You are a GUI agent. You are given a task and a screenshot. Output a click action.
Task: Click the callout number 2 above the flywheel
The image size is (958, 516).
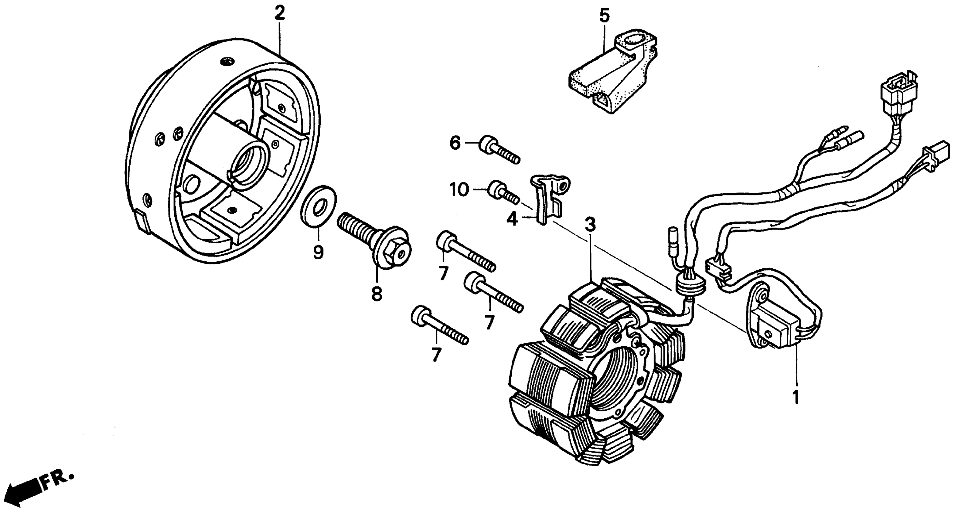click(x=280, y=13)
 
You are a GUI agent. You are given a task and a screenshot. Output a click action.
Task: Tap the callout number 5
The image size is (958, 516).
click(x=604, y=16)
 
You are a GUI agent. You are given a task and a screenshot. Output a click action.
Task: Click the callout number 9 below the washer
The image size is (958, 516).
click(x=318, y=253)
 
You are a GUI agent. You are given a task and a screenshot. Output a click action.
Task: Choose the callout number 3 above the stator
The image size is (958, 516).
click(x=590, y=224)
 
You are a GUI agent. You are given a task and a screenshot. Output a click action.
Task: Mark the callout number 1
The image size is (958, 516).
click(x=796, y=397)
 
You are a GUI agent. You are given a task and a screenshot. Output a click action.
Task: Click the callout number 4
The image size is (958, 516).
click(x=512, y=219)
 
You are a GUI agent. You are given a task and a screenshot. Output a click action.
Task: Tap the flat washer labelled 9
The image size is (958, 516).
click(x=318, y=207)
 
